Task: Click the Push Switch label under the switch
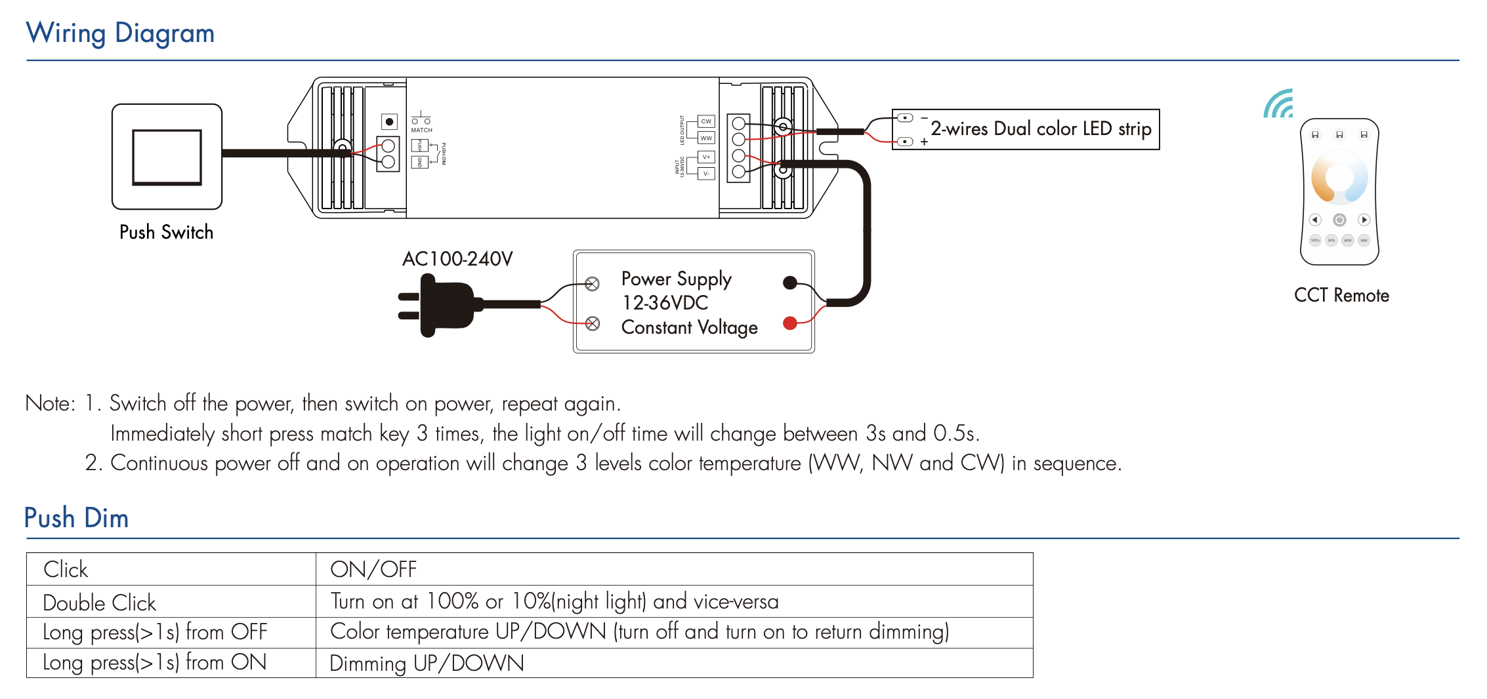click(166, 232)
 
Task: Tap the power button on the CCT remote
click(1339, 220)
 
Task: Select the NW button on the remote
click(1364, 241)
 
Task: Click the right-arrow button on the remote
click(1364, 220)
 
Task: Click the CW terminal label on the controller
click(706, 121)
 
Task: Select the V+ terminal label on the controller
click(706, 157)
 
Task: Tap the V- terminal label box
click(706, 174)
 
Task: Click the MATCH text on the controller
click(421, 130)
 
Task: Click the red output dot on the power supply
click(790, 323)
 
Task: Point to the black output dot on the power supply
click(790, 283)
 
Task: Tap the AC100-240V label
click(457, 259)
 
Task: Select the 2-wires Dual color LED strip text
click(1041, 129)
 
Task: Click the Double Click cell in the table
click(100, 603)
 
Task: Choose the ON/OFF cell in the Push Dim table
click(373, 569)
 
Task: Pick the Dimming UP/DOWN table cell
click(427, 664)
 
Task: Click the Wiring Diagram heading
click(120, 33)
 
